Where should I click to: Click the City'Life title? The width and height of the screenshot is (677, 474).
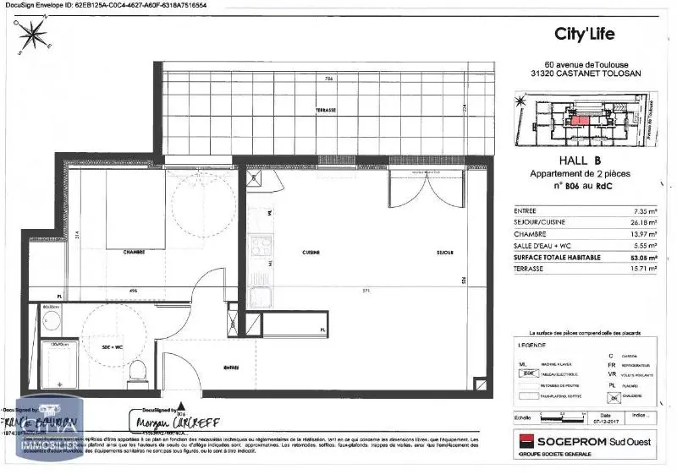click(584, 34)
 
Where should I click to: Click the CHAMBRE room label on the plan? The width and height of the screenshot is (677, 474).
click(133, 251)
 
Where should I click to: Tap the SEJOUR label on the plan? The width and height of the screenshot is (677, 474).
click(444, 253)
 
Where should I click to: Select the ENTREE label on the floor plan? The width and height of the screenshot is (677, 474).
click(231, 367)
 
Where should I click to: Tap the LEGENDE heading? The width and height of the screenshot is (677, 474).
click(532, 346)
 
